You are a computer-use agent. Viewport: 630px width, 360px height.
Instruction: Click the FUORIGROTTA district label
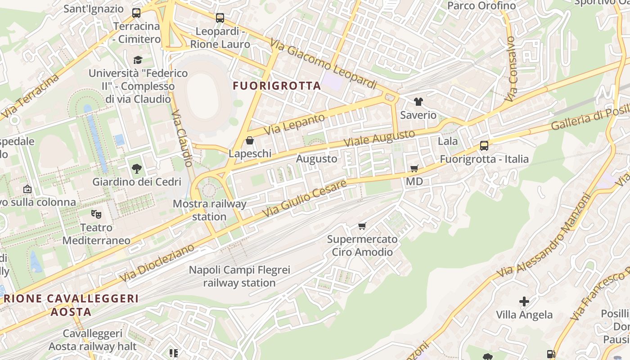(x=277, y=85)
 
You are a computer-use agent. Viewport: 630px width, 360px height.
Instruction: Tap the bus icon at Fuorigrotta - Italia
(x=484, y=146)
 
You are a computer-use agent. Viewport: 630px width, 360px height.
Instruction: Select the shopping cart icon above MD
(x=414, y=169)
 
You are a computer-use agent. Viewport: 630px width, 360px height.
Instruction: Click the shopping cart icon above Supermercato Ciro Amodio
(x=362, y=226)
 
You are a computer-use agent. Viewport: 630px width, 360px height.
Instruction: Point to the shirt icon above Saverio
(x=418, y=102)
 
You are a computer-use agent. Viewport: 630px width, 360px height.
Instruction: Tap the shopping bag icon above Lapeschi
(x=250, y=141)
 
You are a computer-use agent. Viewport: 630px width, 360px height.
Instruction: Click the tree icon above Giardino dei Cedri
(x=136, y=169)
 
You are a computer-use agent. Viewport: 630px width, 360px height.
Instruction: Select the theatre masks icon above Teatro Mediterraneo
(x=96, y=214)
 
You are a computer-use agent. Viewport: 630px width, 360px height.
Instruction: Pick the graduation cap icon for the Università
(x=138, y=60)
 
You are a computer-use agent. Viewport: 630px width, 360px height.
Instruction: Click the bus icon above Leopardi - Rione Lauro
(x=220, y=18)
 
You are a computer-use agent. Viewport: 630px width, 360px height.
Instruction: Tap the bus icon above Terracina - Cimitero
(x=136, y=13)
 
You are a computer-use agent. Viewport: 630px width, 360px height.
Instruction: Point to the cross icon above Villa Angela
(x=524, y=301)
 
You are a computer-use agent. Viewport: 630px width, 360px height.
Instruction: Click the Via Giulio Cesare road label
(x=304, y=198)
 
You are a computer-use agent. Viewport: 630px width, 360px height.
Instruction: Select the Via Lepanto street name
(x=294, y=125)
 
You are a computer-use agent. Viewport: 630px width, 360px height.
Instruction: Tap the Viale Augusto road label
(x=379, y=138)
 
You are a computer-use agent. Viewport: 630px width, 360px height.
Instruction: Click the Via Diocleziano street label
(x=157, y=263)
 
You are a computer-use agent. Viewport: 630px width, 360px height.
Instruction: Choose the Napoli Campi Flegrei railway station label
(x=239, y=276)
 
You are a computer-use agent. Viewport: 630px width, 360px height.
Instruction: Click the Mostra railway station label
(x=210, y=210)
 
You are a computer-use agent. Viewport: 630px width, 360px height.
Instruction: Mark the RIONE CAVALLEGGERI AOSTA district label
(x=71, y=305)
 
